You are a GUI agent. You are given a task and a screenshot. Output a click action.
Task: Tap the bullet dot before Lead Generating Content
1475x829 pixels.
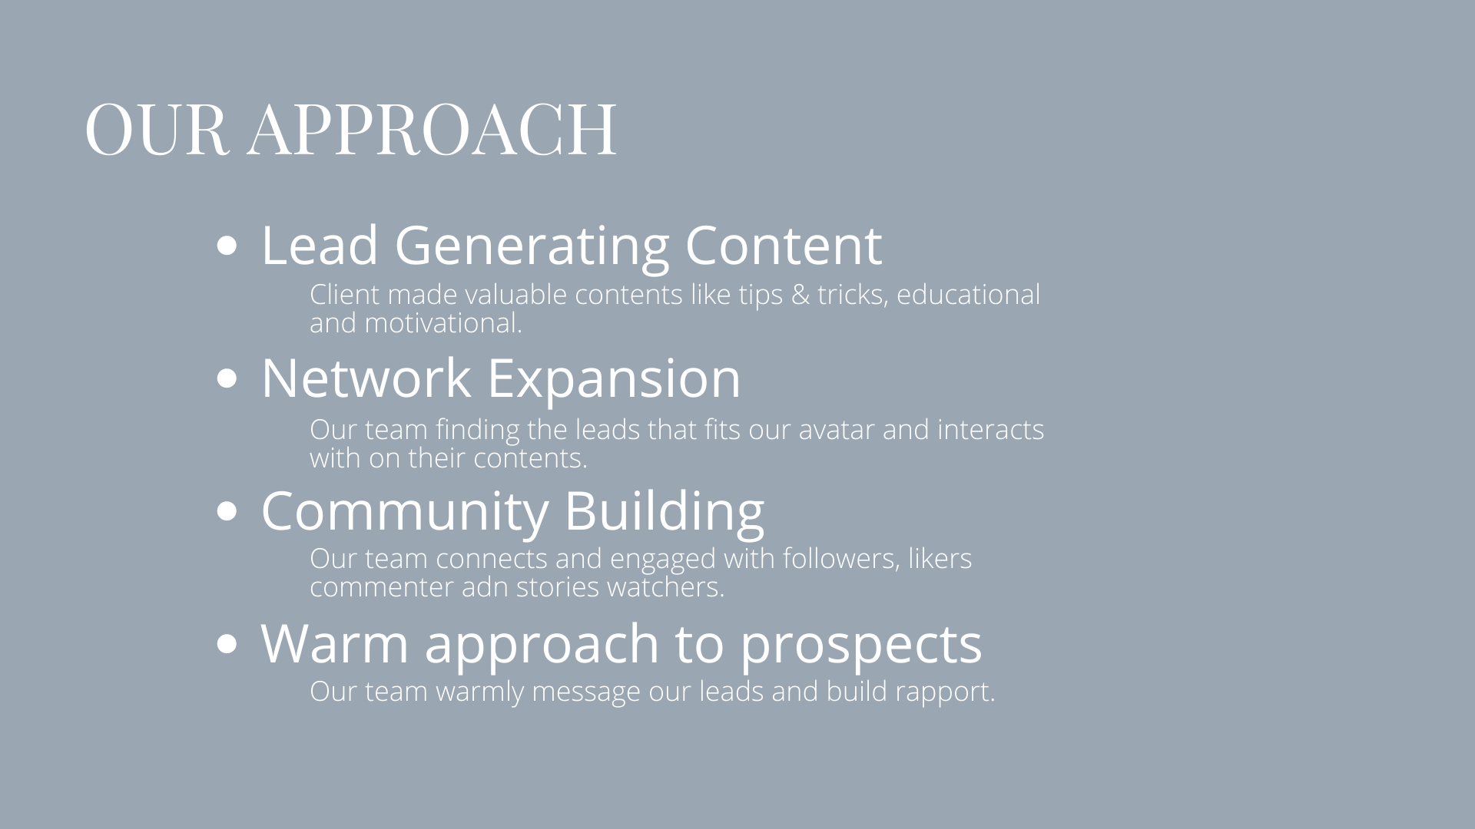click(x=227, y=246)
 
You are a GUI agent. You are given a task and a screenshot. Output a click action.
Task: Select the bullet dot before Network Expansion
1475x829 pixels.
click(x=227, y=378)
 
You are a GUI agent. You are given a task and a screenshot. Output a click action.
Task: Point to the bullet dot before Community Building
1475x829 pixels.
click(x=227, y=511)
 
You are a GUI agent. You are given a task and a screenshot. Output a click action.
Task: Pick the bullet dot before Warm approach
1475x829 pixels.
click(x=227, y=644)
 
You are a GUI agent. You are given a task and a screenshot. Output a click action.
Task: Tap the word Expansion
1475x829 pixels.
click(x=614, y=379)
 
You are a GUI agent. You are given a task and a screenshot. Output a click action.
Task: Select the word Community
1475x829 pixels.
click(x=405, y=512)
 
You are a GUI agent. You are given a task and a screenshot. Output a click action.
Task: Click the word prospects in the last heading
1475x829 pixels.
click(x=861, y=645)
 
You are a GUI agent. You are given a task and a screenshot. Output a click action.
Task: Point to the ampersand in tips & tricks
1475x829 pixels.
click(x=800, y=295)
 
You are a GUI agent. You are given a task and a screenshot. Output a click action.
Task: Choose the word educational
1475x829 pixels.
click(x=968, y=295)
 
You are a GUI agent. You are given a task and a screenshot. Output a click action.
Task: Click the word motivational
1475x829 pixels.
click(x=443, y=323)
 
